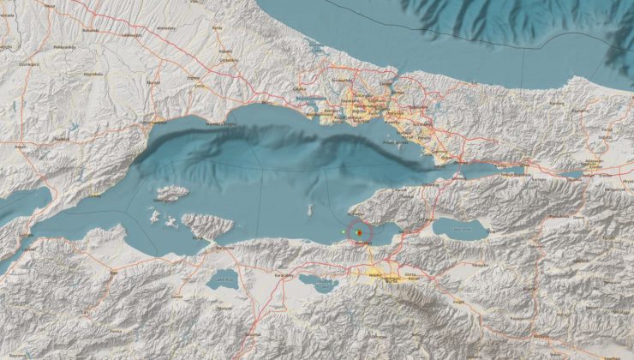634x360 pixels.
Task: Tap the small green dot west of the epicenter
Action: tap(344, 231)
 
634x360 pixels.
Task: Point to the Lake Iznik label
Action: tap(461, 229)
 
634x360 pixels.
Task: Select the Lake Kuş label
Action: tap(224, 279)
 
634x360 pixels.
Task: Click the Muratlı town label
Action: tap(154, 82)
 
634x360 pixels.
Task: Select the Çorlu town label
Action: tap(200, 85)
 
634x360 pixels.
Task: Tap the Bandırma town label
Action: tap(226, 247)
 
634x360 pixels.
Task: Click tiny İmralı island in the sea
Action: tap(310, 208)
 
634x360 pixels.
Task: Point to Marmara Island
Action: tap(172, 194)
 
